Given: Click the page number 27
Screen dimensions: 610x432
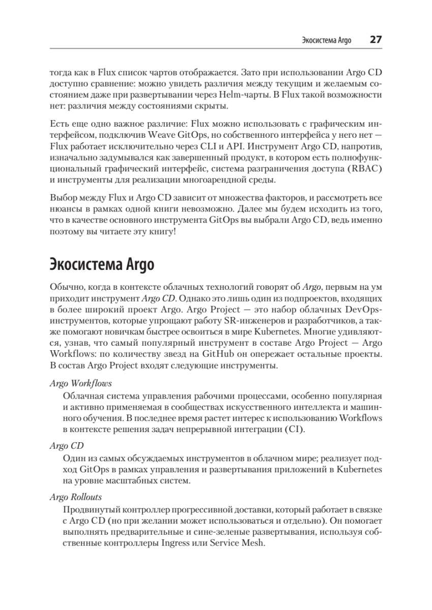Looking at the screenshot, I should [x=376, y=40].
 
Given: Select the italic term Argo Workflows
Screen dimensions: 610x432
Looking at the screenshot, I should [x=81, y=383].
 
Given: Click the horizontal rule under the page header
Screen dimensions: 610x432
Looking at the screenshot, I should [x=216, y=49].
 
